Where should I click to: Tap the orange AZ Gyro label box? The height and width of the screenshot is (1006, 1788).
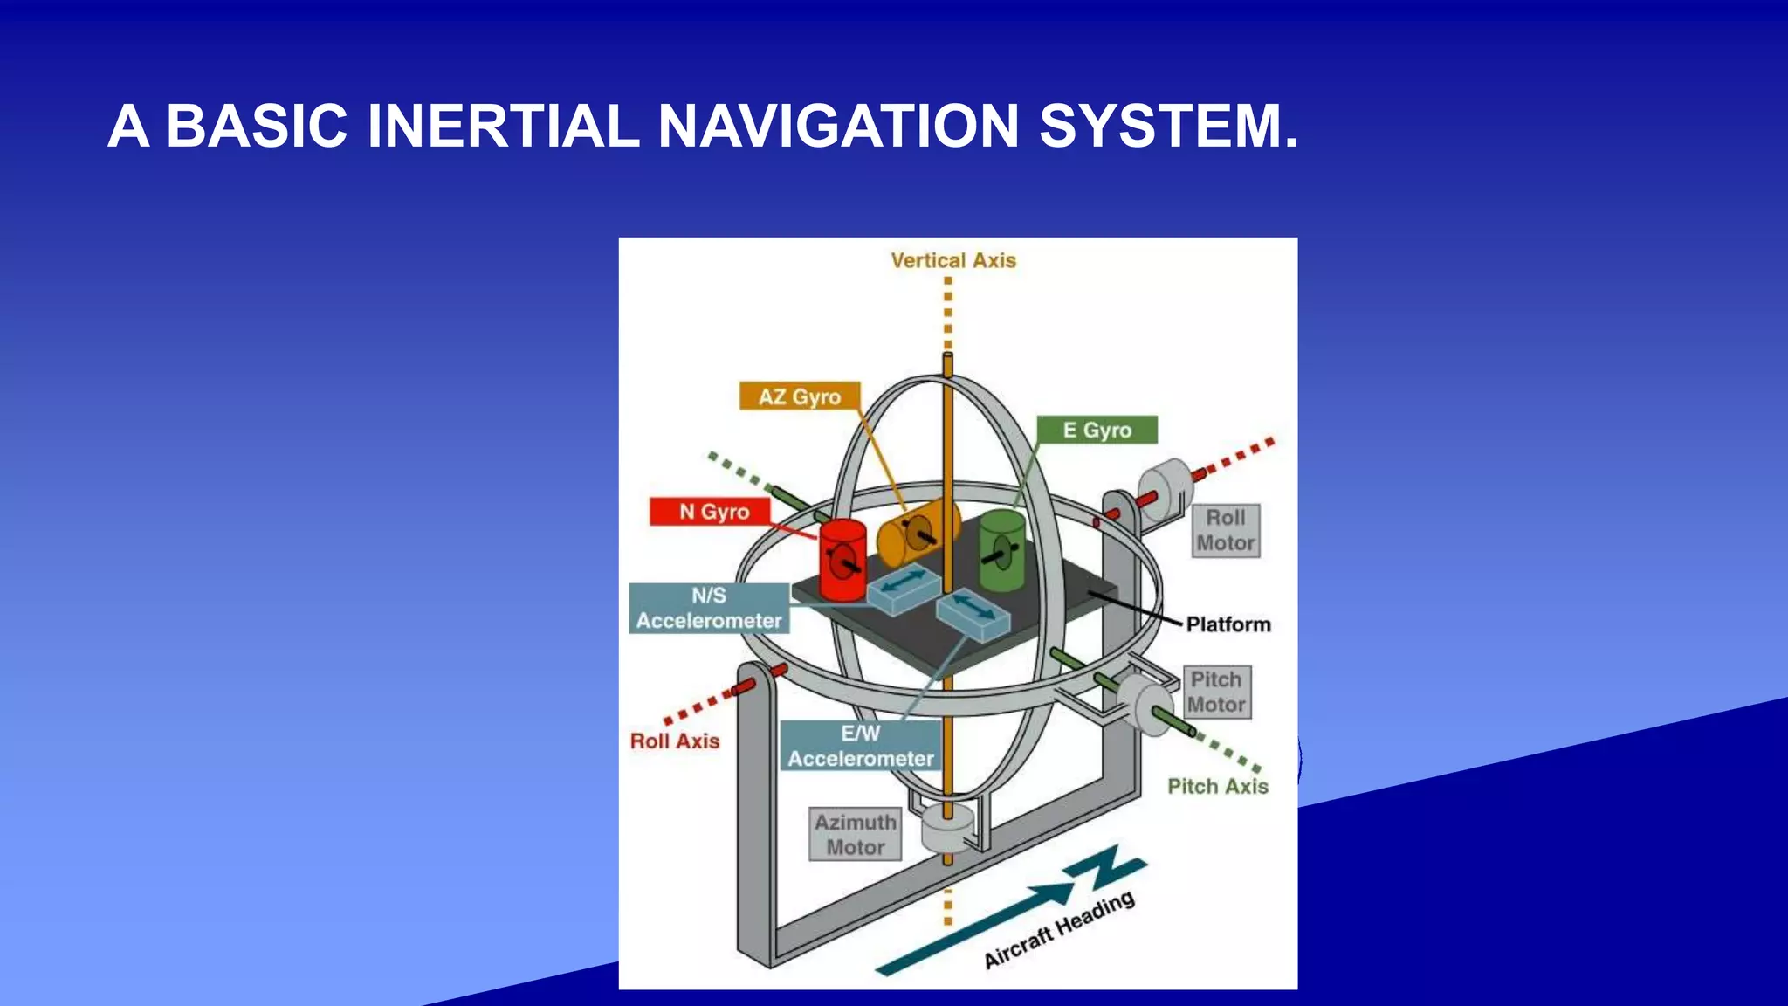click(799, 396)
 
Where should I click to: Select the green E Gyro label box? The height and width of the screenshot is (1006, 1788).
click(1097, 430)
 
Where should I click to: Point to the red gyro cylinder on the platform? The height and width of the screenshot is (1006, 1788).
click(842, 561)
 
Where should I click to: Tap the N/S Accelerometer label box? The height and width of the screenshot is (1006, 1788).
click(709, 608)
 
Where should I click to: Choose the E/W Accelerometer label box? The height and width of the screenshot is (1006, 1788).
click(861, 746)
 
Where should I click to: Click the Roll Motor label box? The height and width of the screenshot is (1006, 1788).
click(1226, 530)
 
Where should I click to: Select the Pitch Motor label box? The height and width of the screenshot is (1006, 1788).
click(1216, 692)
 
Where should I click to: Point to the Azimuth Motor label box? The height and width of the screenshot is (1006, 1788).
click(855, 834)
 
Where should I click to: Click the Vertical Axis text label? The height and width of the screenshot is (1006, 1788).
click(953, 260)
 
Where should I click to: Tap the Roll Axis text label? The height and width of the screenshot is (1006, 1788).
click(675, 741)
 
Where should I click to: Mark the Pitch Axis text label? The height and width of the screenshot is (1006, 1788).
click(1218, 786)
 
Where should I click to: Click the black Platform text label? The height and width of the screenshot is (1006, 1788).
click(1228, 624)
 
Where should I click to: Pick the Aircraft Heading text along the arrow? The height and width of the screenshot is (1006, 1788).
click(1059, 930)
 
